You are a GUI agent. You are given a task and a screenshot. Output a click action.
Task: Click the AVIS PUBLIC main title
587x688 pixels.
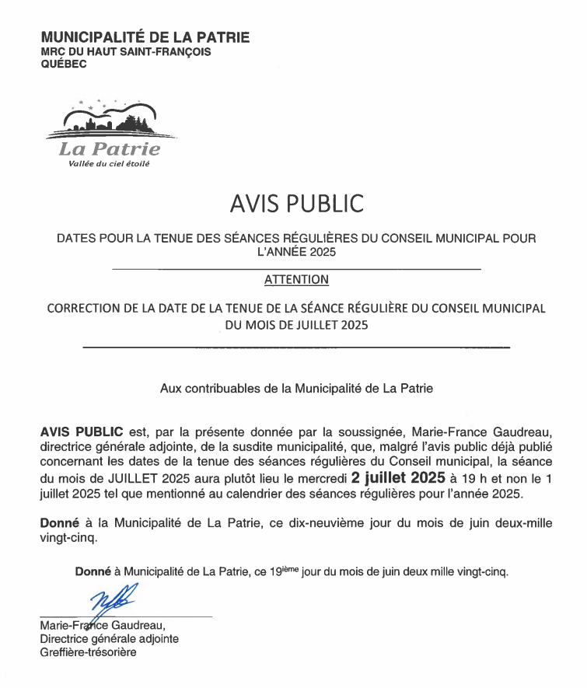point(296,204)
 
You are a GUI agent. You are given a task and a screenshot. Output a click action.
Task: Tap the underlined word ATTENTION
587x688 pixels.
point(296,279)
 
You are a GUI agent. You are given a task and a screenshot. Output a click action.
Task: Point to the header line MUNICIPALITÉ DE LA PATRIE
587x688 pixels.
point(145,37)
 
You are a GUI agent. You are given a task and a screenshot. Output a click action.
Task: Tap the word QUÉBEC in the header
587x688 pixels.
point(64,64)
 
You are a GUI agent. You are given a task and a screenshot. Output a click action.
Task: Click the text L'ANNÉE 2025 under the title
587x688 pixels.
point(296,253)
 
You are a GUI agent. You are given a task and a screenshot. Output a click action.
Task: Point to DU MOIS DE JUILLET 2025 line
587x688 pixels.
point(296,326)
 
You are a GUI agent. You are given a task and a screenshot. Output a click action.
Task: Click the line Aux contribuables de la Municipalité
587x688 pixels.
point(296,387)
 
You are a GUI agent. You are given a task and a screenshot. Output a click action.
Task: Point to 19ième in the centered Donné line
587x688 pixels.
point(284,572)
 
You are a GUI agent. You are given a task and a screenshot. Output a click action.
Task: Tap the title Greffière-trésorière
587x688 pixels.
point(88,652)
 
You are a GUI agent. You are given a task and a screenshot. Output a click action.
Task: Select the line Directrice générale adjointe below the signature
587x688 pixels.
point(109,638)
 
